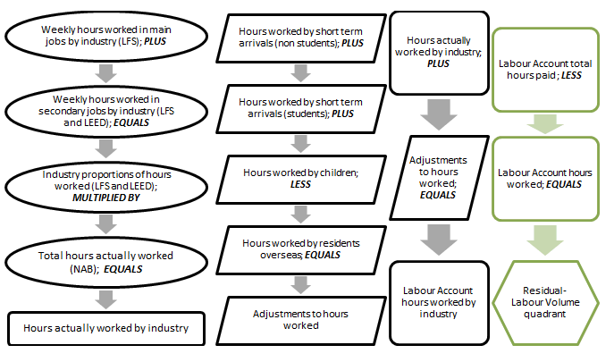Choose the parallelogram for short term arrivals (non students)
[x=300, y=37]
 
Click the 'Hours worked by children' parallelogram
[x=300, y=176]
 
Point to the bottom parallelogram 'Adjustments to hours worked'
[x=300, y=318]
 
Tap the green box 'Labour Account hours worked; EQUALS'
[x=544, y=179]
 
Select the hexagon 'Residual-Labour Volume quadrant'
[x=544, y=301]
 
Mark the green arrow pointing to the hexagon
[x=544, y=239]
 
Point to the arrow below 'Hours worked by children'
[x=300, y=212]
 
